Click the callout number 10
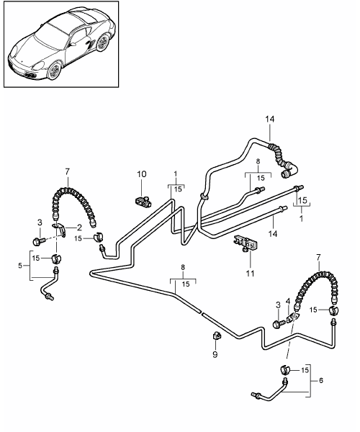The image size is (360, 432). [142, 174]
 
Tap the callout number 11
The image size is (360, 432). [250, 274]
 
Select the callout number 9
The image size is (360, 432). [215, 354]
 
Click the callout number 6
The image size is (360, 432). [321, 380]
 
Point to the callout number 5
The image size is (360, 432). [20, 266]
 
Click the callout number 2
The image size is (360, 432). [79, 228]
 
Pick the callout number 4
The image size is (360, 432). [288, 301]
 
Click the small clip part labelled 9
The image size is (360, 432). [217, 336]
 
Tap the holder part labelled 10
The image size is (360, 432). [143, 201]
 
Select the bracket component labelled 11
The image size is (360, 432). [246, 243]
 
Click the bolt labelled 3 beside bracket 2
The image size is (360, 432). [37, 242]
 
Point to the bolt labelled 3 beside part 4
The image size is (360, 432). [278, 323]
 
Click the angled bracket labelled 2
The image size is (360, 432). [60, 229]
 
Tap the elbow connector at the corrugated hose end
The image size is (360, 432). [289, 169]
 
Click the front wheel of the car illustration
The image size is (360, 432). [54, 71]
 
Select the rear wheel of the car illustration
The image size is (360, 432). [103, 43]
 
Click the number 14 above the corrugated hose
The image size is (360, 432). [270, 120]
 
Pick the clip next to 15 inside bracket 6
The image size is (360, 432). [285, 369]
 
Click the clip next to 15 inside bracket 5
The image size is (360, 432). [56, 258]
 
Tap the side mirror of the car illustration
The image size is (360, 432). [73, 44]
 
